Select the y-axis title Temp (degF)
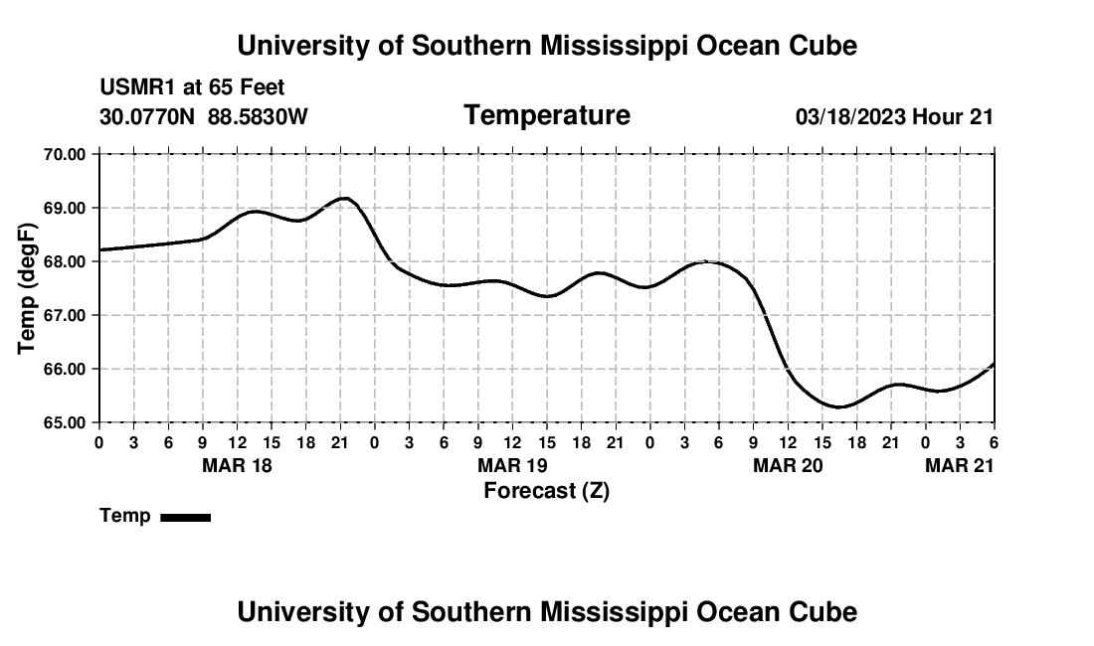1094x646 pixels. (27, 288)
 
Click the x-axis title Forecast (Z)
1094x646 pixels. (546, 491)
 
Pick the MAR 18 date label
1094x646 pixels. (237, 465)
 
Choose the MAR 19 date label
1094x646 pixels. (512, 465)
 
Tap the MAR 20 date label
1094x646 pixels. (788, 465)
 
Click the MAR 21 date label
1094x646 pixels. (959, 465)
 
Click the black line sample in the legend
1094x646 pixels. (185, 517)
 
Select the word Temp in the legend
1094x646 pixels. (125, 516)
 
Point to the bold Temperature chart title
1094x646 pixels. (547, 115)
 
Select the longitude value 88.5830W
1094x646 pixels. (258, 117)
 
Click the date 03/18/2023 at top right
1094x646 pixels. (851, 117)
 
